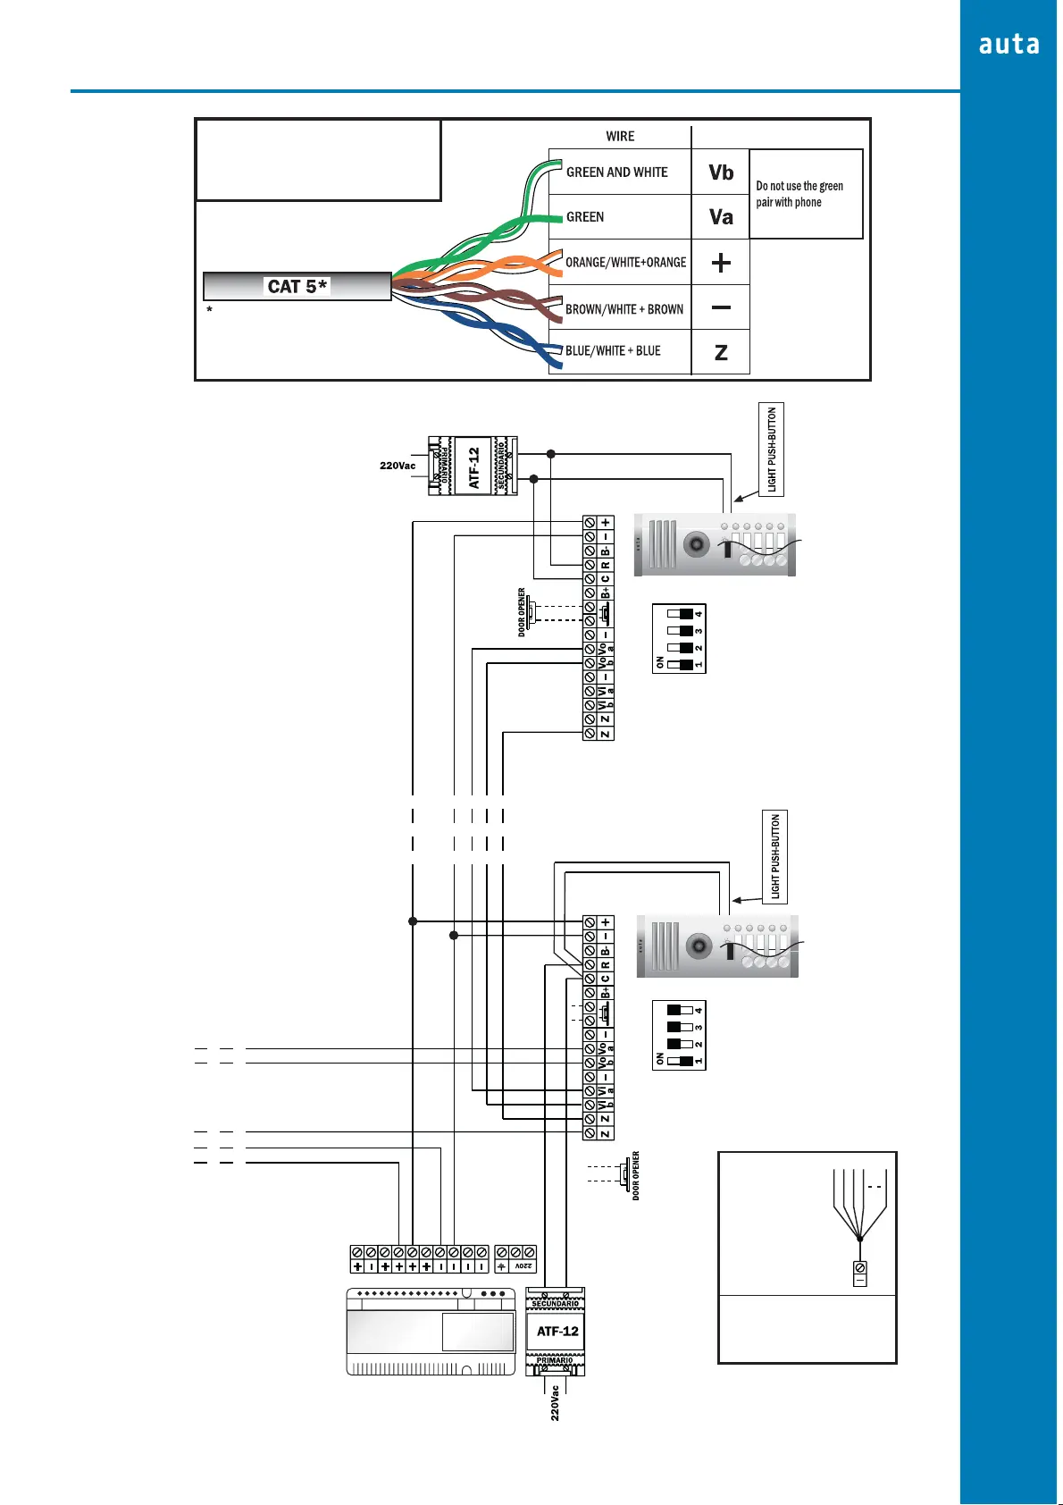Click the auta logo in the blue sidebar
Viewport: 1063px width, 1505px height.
1009,45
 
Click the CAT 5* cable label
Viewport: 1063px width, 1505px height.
297,286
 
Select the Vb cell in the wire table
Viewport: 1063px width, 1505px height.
721,172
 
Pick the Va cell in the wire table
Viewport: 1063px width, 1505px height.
721,217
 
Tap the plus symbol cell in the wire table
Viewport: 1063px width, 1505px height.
721,263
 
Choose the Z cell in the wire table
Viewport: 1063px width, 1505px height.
721,352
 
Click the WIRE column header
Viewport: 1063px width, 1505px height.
620,137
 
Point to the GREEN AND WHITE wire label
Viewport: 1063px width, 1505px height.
616,172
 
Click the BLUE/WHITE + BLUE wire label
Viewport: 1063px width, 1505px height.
613,351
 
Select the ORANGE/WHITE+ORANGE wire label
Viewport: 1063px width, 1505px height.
625,263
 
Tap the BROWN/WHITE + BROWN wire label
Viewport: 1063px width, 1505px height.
624,309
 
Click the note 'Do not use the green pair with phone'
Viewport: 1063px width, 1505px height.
799,194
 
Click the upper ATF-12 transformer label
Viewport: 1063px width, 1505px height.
474,467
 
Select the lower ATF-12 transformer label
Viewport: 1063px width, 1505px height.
557,1332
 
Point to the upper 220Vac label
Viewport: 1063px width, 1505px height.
398,466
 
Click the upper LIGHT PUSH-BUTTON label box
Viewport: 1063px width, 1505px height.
772,450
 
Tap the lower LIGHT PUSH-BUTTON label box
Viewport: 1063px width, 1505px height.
774,856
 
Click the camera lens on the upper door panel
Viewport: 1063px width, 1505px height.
696,543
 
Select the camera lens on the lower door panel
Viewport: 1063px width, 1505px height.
699,945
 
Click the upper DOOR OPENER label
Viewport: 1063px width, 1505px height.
522,612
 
